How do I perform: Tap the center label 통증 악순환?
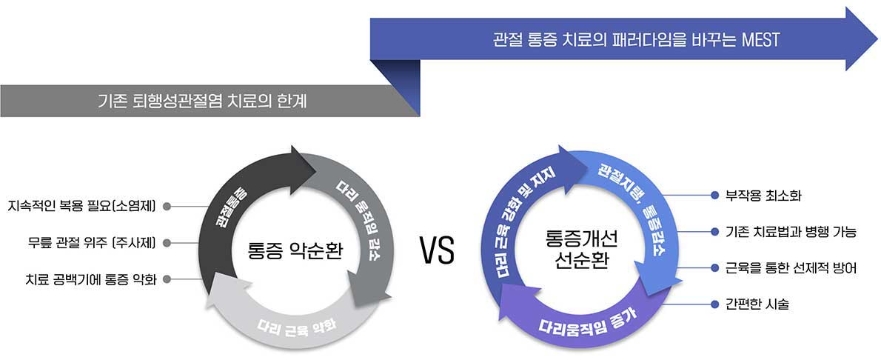pyautogui.click(x=295, y=250)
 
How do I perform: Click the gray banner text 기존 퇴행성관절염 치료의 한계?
pyautogui.click(x=201, y=101)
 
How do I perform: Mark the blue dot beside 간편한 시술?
pyautogui.click(x=714, y=304)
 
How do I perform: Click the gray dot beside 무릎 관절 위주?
pyautogui.click(x=167, y=242)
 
